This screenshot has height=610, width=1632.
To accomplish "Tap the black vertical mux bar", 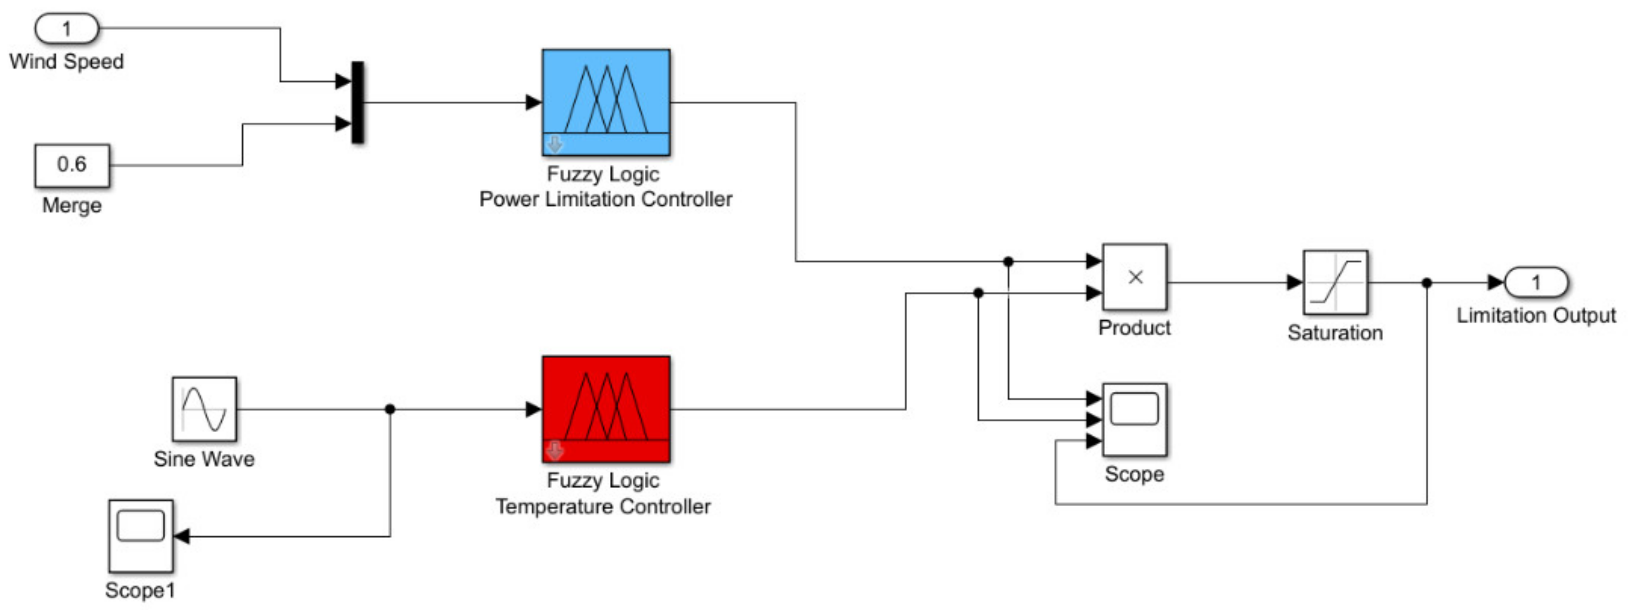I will point(358,102).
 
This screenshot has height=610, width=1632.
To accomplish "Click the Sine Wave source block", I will point(204,409).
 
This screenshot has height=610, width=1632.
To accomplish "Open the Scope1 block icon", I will point(141,536).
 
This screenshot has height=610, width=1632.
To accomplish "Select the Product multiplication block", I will point(1135,277).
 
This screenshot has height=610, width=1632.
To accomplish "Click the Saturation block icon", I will point(1335,282).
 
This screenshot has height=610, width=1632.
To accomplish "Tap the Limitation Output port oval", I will point(1536,282).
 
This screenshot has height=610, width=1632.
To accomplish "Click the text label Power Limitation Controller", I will point(606,199).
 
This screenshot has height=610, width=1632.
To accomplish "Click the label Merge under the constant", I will point(71,205).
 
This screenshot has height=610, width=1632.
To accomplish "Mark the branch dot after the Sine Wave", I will point(390,409).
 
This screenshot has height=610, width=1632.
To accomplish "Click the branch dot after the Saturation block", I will point(1427,283).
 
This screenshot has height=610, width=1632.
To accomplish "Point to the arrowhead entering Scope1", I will point(181,536).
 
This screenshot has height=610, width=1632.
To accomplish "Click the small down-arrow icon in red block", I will point(554,451).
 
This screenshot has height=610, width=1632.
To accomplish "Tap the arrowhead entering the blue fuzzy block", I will point(534,102).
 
